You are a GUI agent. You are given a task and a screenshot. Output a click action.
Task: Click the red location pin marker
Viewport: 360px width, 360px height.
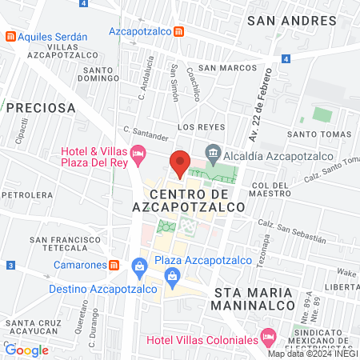pos(180,163)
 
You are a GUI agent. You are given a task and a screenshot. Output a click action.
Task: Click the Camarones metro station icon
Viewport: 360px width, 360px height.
pos(115,265)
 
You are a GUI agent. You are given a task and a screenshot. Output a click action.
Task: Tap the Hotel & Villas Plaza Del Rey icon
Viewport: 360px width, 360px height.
pos(139,152)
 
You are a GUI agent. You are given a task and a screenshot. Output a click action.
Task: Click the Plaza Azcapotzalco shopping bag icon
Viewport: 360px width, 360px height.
pos(141,264)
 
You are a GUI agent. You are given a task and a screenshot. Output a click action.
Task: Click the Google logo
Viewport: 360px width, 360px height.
pos(26,350)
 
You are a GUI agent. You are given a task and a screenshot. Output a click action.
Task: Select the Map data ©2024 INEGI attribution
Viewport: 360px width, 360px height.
pos(312,354)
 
